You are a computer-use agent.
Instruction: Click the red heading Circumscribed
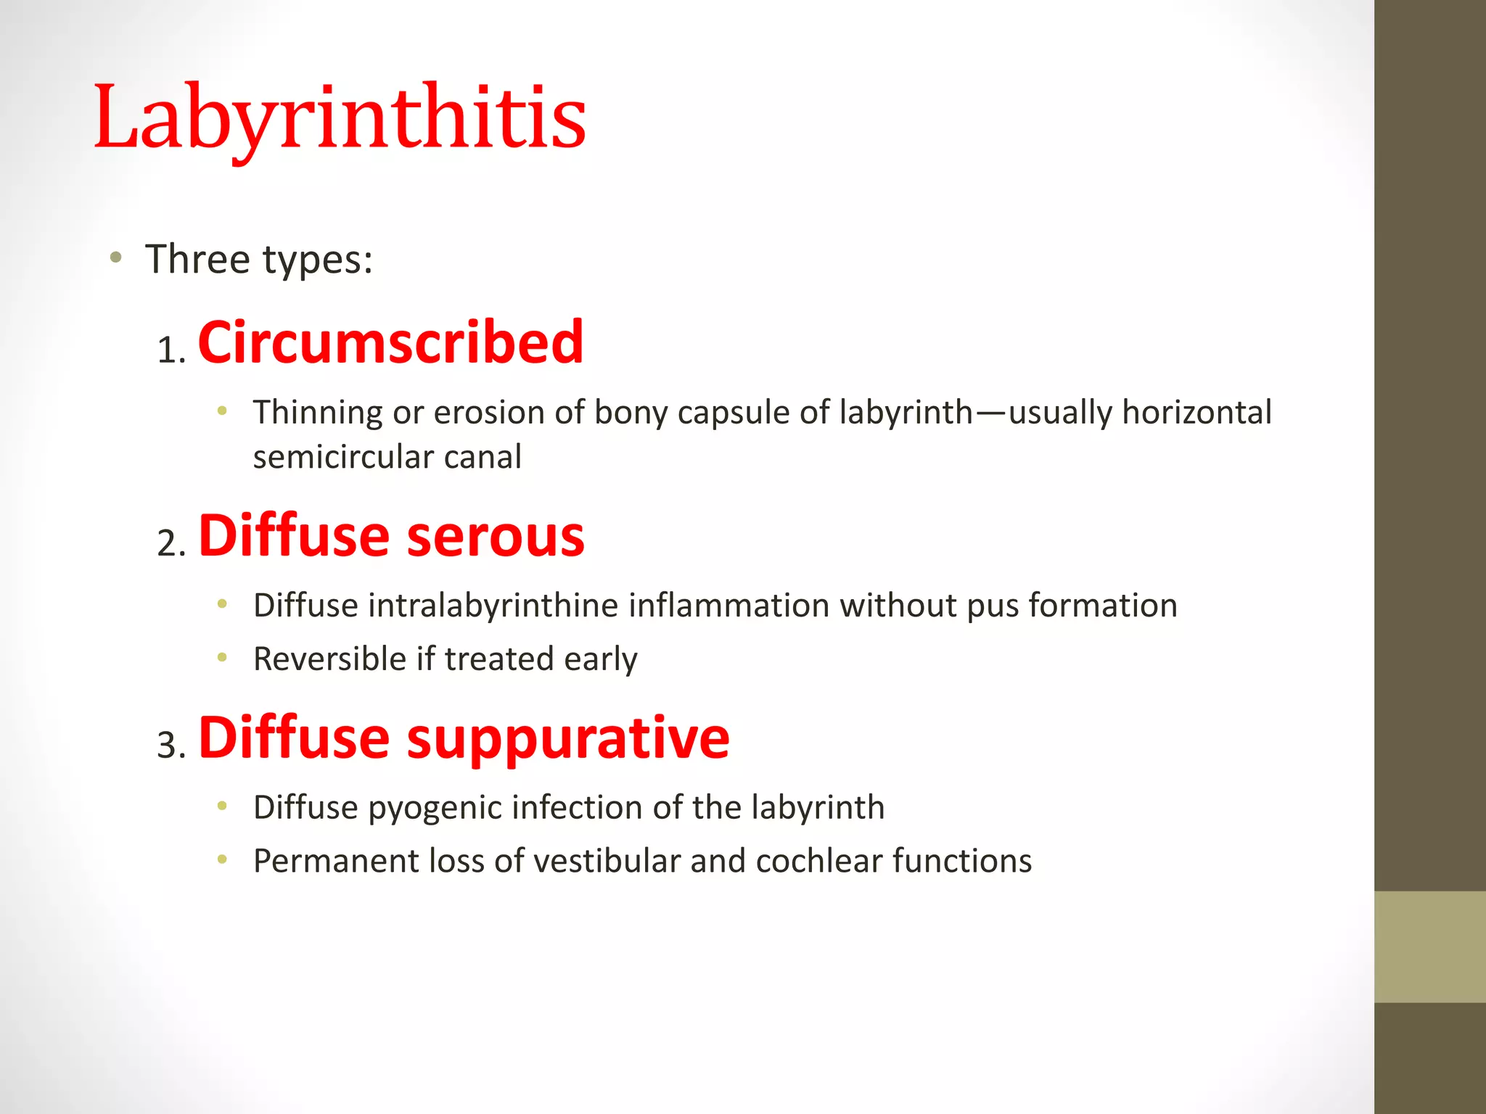[390, 342]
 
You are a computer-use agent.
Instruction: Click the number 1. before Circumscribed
[171, 351]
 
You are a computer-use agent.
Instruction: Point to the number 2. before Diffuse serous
[171, 544]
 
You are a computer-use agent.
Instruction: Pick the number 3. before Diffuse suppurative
[171, 746]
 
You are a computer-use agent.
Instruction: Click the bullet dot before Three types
[115, 257]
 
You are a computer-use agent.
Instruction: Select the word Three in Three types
[197, 259]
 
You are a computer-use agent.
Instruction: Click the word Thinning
[317, 413]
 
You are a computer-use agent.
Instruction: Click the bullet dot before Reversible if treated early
[222, 658]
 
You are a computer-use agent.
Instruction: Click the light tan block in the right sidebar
[1429, 946]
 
